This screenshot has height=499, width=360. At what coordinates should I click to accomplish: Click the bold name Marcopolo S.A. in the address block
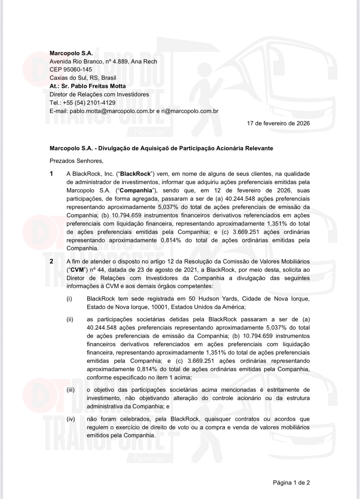71,53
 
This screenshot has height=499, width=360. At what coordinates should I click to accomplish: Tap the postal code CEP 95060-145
71,70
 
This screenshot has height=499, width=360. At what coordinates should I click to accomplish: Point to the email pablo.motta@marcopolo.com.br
112,111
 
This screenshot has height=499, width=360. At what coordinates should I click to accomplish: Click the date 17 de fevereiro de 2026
278,123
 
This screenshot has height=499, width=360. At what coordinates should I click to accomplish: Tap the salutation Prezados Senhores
76,161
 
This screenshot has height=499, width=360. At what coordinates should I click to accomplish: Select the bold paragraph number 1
51,174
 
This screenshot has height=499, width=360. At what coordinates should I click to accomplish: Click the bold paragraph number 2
51,261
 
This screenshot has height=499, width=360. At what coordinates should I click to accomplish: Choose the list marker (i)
69,299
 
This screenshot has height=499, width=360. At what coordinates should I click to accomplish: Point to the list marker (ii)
70,319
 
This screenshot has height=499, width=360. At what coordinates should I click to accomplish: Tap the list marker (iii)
70,390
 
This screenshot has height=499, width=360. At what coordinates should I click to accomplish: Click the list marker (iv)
70,419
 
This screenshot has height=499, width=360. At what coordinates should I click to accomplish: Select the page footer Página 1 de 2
291,482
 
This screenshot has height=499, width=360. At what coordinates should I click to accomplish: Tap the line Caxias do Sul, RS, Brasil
83,78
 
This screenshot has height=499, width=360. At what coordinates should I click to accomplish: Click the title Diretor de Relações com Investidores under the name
99,94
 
